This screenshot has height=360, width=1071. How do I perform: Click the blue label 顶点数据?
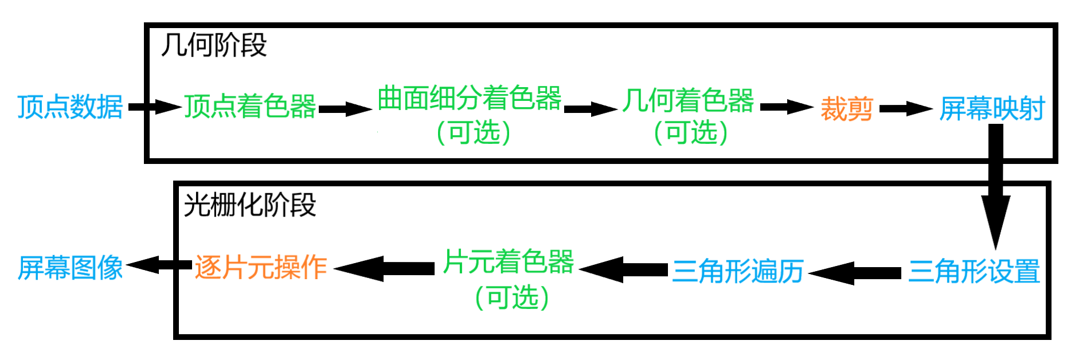[x=70, y=107]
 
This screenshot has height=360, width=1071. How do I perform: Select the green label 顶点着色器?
[x=250, y=107]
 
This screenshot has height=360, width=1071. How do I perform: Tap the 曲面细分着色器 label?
[x=469, y=98]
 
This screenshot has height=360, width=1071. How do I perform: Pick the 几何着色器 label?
[x=688, y=100]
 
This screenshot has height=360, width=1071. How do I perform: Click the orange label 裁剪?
[x=846, y=108]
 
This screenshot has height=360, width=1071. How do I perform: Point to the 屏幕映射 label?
[x=992, y=108]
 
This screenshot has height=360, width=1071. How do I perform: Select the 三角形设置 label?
[x=974, y=271]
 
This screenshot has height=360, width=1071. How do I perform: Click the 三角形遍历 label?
[x=738, y=271]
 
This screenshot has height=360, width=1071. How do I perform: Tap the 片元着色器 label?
[x=509, y=261]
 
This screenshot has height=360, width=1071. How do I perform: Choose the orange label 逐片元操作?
[x=261, y=267]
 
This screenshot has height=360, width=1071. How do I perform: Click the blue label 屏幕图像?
[x=70, y=268]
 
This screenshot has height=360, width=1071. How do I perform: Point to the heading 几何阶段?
[x=214, y=45]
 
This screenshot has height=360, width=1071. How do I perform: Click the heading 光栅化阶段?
[x=250, y=205]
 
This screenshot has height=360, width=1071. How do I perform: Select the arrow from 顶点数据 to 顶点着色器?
[x=154, y=107]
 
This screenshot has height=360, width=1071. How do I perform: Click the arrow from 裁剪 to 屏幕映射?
[x=905, y=108]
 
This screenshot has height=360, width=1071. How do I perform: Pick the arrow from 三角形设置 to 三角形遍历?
[x=855, y=273]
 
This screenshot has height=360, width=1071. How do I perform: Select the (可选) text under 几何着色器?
[x=691, y=132]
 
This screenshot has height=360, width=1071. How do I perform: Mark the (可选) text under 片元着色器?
[x=512, y=298]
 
